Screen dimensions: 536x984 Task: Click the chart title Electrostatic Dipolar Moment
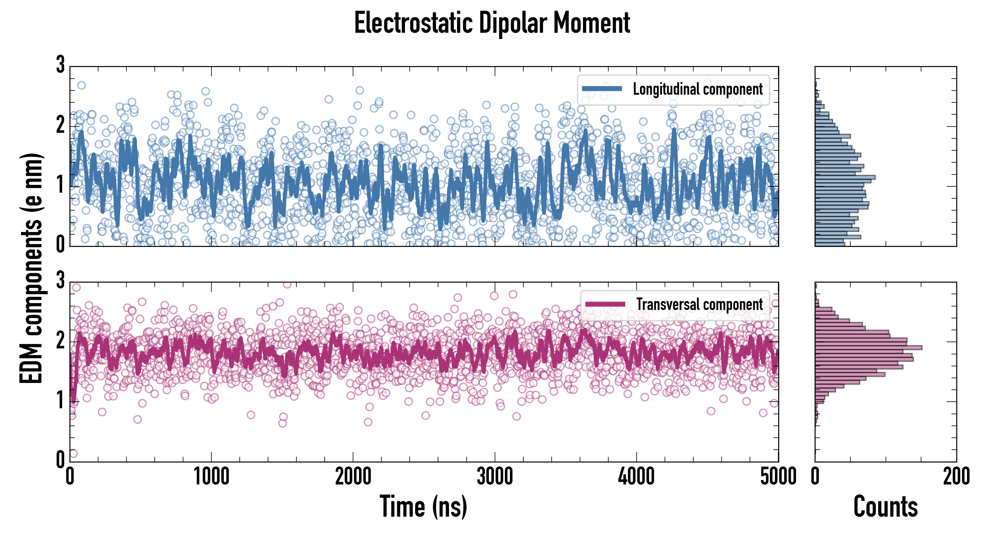pyautogui.click(x=492, y=23)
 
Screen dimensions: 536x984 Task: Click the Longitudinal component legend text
pyautogui.click(x=697, y=89)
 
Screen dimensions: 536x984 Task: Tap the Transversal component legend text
pyautogui.click(x=700, y=304)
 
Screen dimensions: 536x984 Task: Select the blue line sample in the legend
pyautogui.click(x=602, y=89)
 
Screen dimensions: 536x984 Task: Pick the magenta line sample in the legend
pyautogui.click(x=605, y=304)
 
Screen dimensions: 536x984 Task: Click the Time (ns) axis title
pyautogui.click(x=423, y=507)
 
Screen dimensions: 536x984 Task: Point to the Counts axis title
pyautogui.click(x=885, y=507)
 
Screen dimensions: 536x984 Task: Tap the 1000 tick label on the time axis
pyautogui.click(x=211, y=477)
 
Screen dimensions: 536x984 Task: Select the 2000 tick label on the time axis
pyautogui.click(x=353, y=477)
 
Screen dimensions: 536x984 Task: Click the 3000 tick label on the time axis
pyautogui.click(x=495, y=477)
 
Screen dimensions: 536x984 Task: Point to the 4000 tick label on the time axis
pyautogui.click(x=636, y=477)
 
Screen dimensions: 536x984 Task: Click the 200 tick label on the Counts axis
pyautogui.click(x=956, y=477)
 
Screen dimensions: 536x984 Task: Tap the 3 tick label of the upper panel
pyautogui.click(x=60, y=65)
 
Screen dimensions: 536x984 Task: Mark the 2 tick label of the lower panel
pyautogui.click(x=60, y=341)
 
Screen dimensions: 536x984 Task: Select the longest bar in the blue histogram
pyautogui.click(x=844, y=177)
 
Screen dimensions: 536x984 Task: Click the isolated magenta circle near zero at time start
pyautogui.click(x=73, y=454)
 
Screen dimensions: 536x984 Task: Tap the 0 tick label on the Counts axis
pyautogui.click(x=815, y=477)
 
